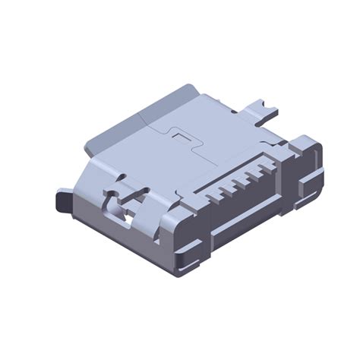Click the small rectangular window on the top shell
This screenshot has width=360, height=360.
181,138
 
